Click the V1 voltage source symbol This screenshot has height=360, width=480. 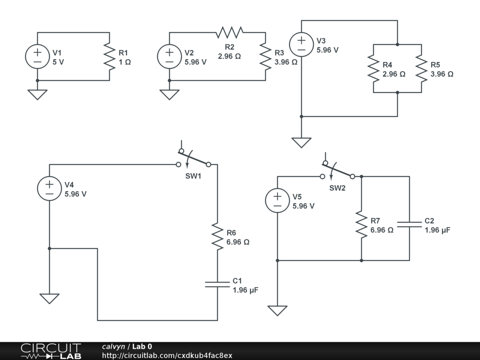(37, 56)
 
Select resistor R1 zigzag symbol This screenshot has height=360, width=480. (109, 56)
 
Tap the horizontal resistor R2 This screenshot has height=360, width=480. (230, 32)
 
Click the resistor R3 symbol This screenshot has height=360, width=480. (265, 56)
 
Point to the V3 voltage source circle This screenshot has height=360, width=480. (301, 45)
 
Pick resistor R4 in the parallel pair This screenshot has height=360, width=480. (373, 68)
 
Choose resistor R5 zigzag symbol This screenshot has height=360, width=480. (421, 68)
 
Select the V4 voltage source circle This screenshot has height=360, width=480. (49, 188)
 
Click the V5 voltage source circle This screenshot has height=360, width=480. (277, 200)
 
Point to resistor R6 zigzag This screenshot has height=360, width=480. (217, 236)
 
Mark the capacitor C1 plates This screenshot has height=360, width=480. (217, 284)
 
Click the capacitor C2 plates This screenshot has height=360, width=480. (409, 224)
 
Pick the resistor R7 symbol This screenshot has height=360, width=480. (361, 224)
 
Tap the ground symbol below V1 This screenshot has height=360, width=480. (37, 94)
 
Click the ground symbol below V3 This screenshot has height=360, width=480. (301, 142)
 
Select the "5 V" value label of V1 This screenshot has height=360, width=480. (58, 62)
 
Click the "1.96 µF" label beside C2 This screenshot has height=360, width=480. (437, 230)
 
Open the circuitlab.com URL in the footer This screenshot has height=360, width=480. (167, 356)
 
